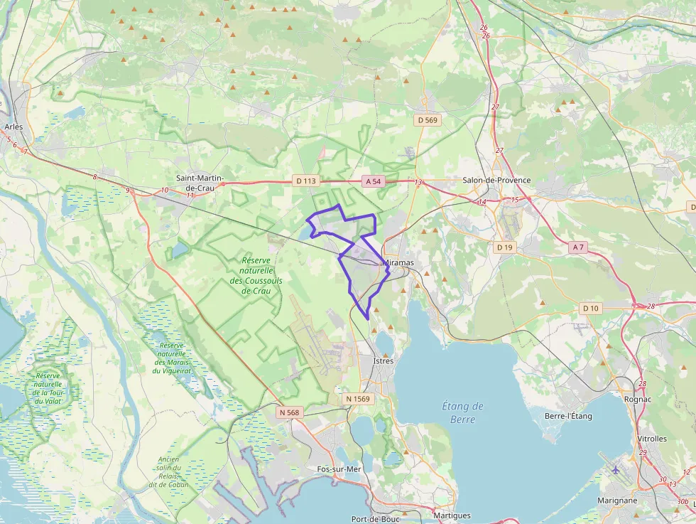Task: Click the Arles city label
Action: coord(13,127)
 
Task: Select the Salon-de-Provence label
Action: coord(496,180)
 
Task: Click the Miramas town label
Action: coord(398,262)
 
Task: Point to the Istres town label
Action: coord(383,360)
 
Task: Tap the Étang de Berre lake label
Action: coord(462,412)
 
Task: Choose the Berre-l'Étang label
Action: coord(567,416)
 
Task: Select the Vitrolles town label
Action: coord(652,439)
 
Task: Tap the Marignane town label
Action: coord(616,500)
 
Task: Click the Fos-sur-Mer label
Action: coord(339,469)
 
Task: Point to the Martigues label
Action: coord(452,515)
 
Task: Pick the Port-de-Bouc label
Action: coord(372,518)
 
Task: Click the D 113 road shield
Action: coord(305,181)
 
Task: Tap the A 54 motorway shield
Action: coord(373,181)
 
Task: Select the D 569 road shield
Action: coord(428,120)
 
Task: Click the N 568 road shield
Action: coord(290,412)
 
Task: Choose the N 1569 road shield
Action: coord(359,399)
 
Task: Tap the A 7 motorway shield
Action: coord(578,247)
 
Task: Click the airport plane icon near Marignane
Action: coord(615,469)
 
